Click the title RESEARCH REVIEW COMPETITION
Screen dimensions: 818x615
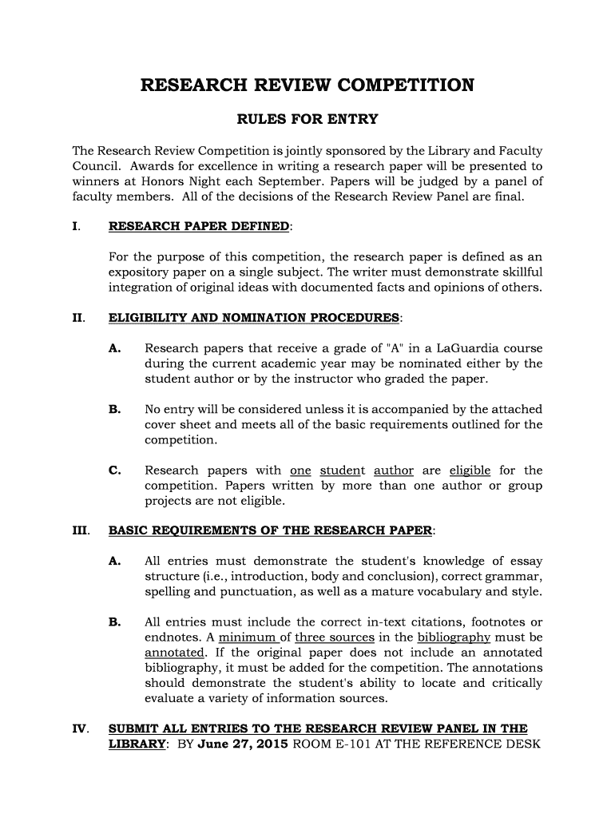[x=307, y=85]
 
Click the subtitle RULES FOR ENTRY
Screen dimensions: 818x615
[x=307, y=121]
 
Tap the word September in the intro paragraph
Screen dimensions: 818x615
[x=275, y=181]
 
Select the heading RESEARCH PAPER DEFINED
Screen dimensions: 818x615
[x=199, y=226]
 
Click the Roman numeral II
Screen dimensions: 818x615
[x=78, y=318]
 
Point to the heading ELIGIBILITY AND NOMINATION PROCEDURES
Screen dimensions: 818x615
[x=254, y=318]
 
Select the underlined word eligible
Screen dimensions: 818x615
[x=470, y=471]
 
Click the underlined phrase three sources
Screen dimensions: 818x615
[x=335, y=637]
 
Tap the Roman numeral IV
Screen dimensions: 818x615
[x=80, y=729]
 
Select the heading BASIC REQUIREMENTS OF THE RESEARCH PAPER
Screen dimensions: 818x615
[x=271, y=530]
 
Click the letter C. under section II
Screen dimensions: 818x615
[x=114, y=471]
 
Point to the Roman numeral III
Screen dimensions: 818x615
[x=81, y=530]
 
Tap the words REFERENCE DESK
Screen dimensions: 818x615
[x=491, y=745]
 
